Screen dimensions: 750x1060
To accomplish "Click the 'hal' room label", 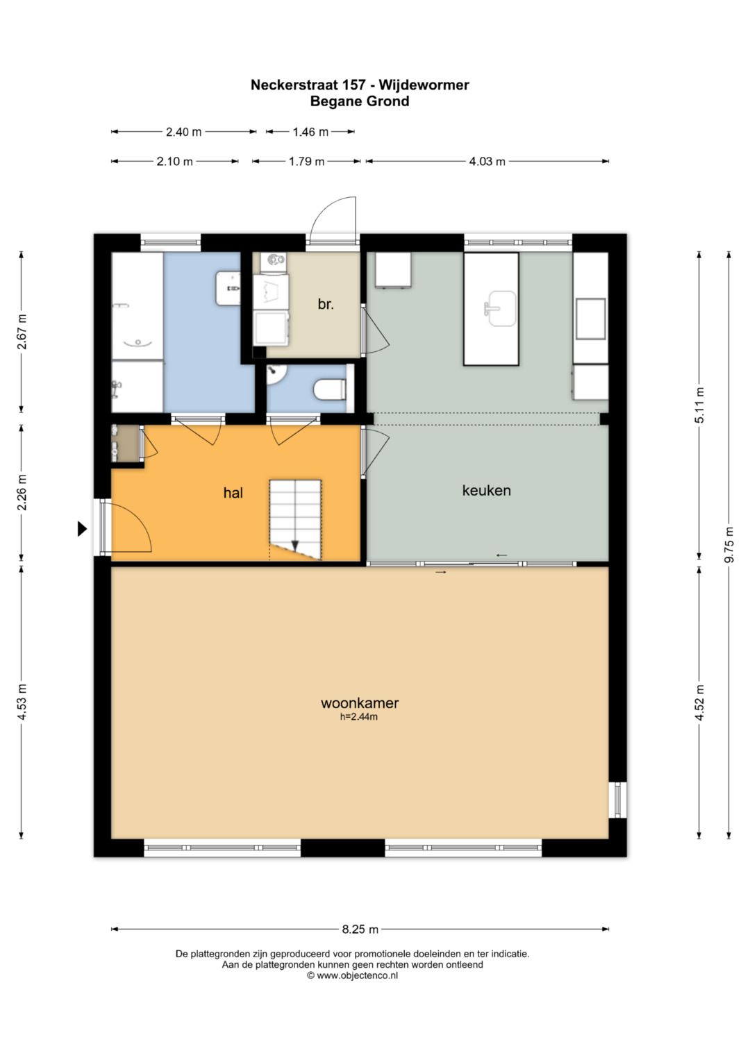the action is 233,493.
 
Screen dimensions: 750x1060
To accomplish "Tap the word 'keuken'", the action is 486,490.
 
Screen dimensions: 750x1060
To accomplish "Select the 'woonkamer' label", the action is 360,703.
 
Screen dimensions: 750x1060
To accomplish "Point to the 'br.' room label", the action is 326,304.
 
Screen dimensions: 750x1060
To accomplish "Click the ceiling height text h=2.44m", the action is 359,716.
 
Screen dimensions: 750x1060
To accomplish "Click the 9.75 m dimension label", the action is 730,544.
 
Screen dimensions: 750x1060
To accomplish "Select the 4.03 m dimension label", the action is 487,161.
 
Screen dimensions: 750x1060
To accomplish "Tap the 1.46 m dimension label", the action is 310,132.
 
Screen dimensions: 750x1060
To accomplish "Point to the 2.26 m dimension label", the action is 22,492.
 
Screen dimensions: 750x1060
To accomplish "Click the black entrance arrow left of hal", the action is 83,528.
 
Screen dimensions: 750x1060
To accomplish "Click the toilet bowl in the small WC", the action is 330,390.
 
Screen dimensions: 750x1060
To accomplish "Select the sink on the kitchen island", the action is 501,308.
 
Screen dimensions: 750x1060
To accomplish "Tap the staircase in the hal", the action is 295,520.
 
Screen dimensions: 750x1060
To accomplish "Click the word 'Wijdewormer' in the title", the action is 424,85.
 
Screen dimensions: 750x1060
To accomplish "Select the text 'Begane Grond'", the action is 360,101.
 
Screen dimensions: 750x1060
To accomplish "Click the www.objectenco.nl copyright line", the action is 353,975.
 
